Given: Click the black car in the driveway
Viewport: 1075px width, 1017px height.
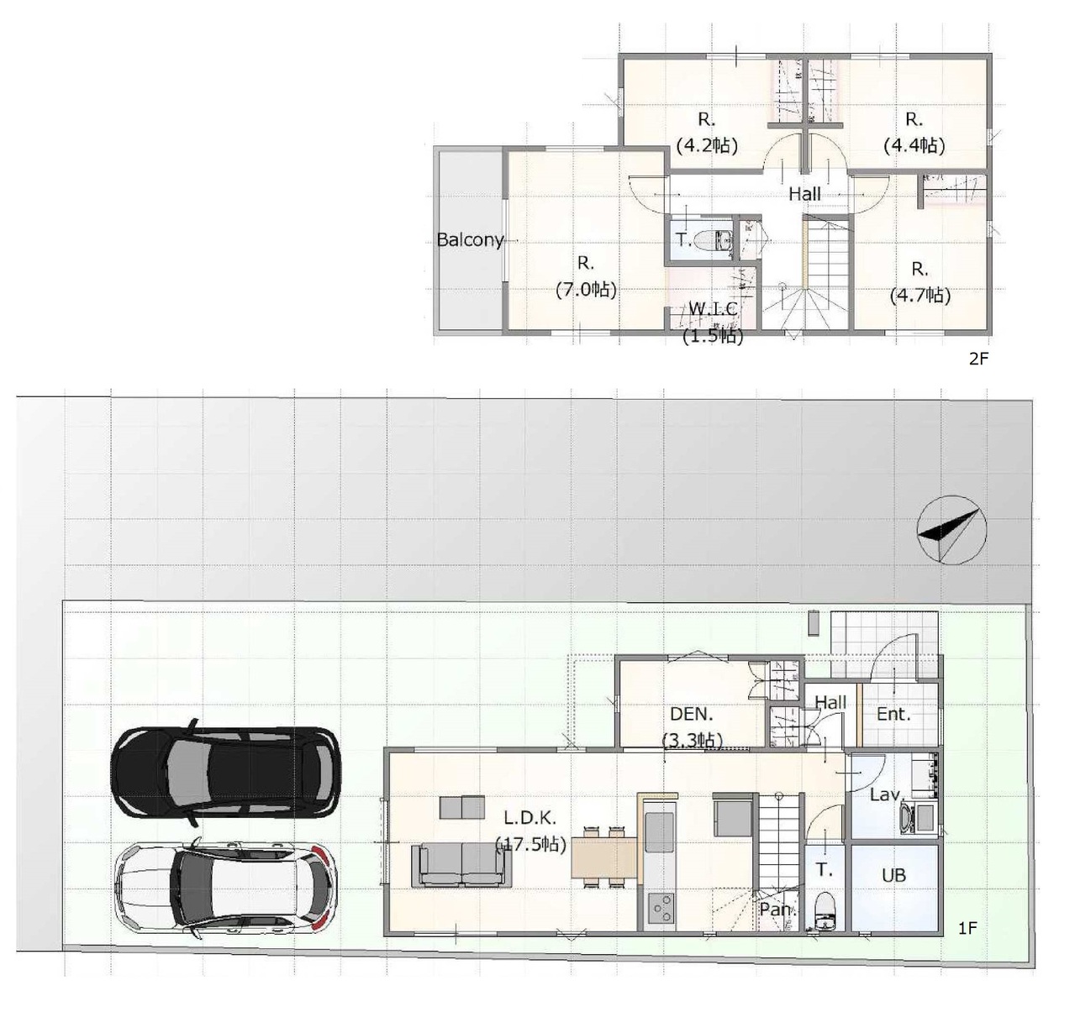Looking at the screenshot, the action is click(225, 772).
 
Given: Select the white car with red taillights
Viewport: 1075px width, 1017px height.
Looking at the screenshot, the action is click(225, 887).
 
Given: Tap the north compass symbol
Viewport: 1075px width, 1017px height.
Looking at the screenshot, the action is click(951, 530).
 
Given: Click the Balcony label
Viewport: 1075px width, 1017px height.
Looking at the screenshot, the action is click(470, 239).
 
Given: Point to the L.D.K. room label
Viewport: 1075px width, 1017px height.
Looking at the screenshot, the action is click(530, 817).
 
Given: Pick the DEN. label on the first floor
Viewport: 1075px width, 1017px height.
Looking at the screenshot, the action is click(691, 714).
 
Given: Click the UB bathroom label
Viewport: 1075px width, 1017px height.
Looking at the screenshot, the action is click(893, 875).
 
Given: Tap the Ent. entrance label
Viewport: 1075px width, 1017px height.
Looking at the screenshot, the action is click(893, 714).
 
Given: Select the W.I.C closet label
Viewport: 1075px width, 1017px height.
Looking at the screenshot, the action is click(713, 309).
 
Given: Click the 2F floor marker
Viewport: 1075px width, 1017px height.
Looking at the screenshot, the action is click(979, 359).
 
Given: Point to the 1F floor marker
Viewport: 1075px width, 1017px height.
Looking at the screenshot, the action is click(967, 928).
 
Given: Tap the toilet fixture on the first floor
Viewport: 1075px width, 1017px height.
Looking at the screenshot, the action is click(824, 910).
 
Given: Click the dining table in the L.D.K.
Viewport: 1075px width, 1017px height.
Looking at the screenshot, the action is click(604, 857).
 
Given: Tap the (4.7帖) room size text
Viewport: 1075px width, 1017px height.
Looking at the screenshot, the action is click(920, 296).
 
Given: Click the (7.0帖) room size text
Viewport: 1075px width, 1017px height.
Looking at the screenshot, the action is click(586, 289).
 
